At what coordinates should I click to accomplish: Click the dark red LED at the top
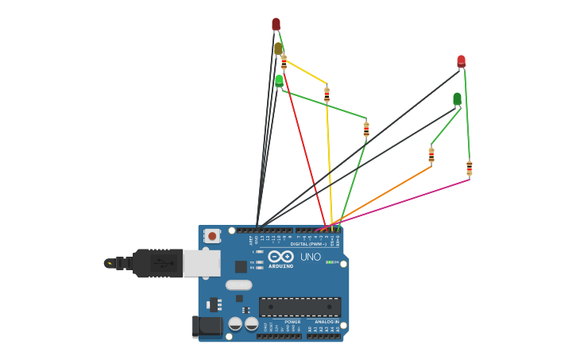[x=276, y=25]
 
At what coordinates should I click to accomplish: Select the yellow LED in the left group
[x=278, y=49]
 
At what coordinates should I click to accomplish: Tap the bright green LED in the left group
[x=279, y=80]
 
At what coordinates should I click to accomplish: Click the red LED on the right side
[x=461, y=61]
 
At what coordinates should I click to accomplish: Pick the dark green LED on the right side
[x=457, y=99]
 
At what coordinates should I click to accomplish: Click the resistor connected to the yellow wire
[x=327, y=95]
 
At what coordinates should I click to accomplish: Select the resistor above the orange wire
[x=431, y=154]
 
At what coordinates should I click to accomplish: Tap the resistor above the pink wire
[x=469, y=168]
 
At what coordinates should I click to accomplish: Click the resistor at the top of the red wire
[x=284, y=63]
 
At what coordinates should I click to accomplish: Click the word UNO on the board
[x=311, y=257]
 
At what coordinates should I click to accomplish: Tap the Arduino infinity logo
[x=280, y=256]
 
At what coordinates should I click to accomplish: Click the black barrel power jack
[x=208, y=325]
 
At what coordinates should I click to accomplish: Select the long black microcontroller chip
[x=300, y=307]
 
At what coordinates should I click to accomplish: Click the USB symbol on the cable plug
[x=166, y=263]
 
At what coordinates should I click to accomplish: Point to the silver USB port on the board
[x=202, y=263]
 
